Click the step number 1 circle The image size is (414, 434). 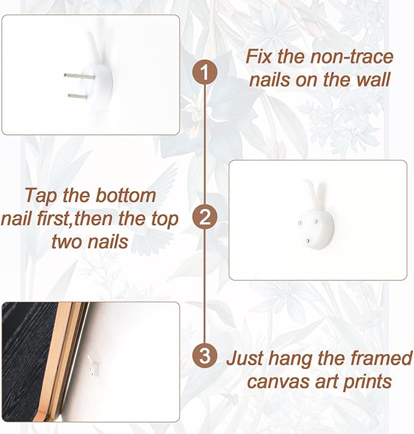205,72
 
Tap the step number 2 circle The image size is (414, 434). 205,217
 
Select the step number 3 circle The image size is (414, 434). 205,355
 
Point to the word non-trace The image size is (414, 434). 352,57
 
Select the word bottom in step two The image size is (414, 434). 126,195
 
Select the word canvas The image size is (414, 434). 278,382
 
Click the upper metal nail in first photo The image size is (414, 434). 79,76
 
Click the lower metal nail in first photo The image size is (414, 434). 77,96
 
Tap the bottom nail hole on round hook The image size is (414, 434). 307,240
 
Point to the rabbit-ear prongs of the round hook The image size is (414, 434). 315,194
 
